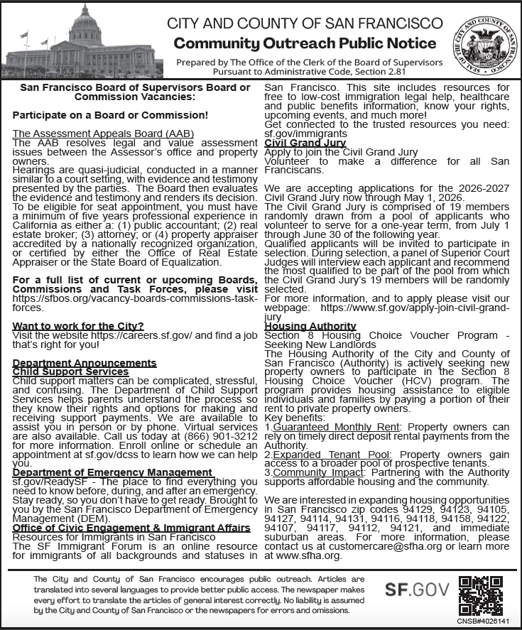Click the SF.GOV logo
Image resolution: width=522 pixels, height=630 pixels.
[418, 589]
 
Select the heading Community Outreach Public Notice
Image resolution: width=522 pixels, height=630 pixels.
[305, 43]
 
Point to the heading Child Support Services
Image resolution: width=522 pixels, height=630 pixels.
[70, 371]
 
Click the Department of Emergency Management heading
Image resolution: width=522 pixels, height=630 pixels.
[112, 472]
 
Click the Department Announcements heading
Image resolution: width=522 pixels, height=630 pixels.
[84, 363]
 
